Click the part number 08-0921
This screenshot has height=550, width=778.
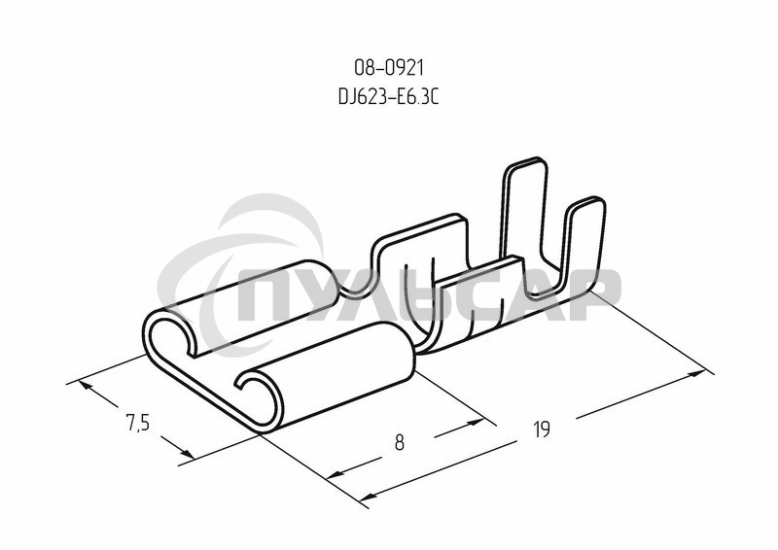(x=389, y=68)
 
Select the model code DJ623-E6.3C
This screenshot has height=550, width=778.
(x=389, y=97)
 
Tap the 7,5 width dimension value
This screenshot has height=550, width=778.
(x=137, y=423)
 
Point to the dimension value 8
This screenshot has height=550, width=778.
(x=400, y=443)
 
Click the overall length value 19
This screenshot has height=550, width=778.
(x=542, y=430)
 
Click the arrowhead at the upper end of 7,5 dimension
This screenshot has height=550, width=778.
(x=85, y=385)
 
